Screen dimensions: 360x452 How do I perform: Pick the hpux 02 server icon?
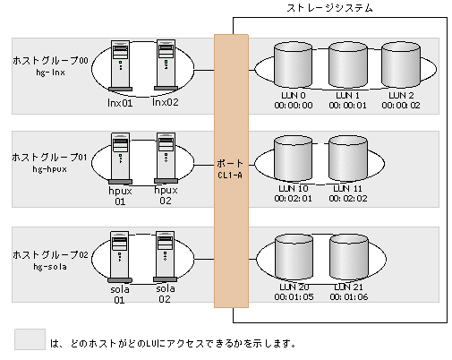163,158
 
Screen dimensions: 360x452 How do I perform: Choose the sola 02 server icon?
163,255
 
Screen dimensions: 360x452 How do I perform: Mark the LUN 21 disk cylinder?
345,258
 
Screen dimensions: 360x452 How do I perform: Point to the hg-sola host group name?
46,266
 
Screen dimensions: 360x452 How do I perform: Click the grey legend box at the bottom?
30,340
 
